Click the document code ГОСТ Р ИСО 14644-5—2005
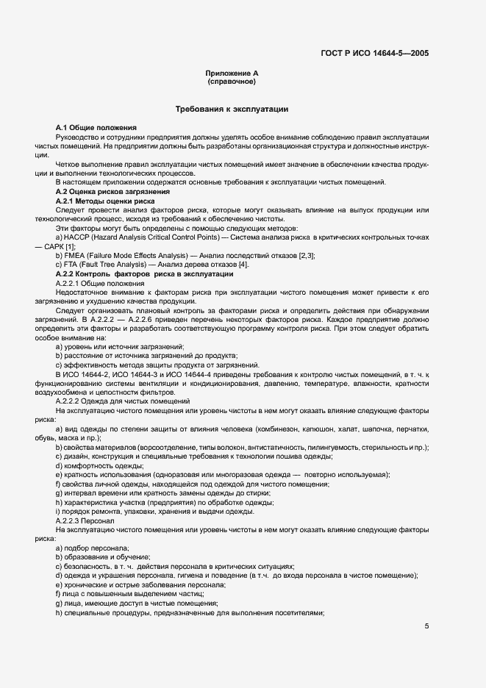coord(375,53)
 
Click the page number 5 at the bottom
coord(427,626)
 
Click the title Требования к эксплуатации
coord(231,109)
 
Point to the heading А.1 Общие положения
coord(96,128)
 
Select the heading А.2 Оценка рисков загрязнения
coord(107,191)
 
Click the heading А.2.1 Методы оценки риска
coord(104,200)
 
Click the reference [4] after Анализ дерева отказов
coord(244,264)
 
